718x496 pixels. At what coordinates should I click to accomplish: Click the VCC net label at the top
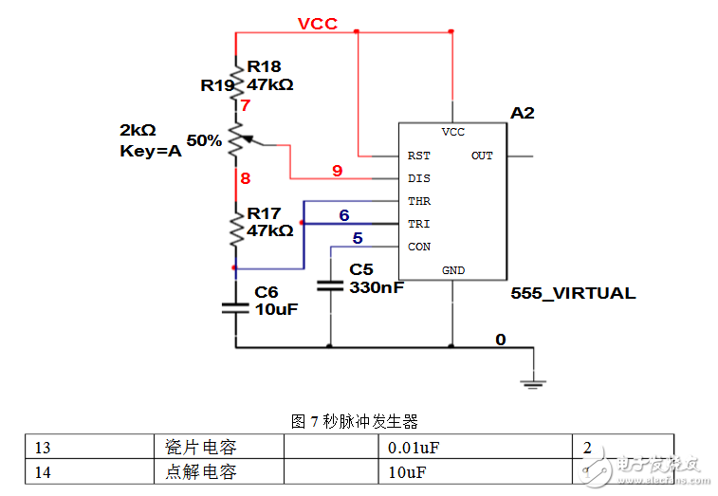click(317, 24)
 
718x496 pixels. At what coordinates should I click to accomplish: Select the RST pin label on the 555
click(418, 156)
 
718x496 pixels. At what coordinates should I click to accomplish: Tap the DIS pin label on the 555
click(418, 178)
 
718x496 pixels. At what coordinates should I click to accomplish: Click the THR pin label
click(418, 201)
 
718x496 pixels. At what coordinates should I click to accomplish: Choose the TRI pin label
click(418, 224)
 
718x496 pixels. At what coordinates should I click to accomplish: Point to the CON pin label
click(418, 247)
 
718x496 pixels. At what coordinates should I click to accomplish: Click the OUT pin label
click(482, 156)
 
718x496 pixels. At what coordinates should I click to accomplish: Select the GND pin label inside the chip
click(453, 270)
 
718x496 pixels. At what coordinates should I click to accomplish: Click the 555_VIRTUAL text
click(573, 293)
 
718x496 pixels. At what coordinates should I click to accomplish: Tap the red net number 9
click(337, 171)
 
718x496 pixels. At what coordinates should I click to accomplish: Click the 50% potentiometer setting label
click(204, 140)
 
